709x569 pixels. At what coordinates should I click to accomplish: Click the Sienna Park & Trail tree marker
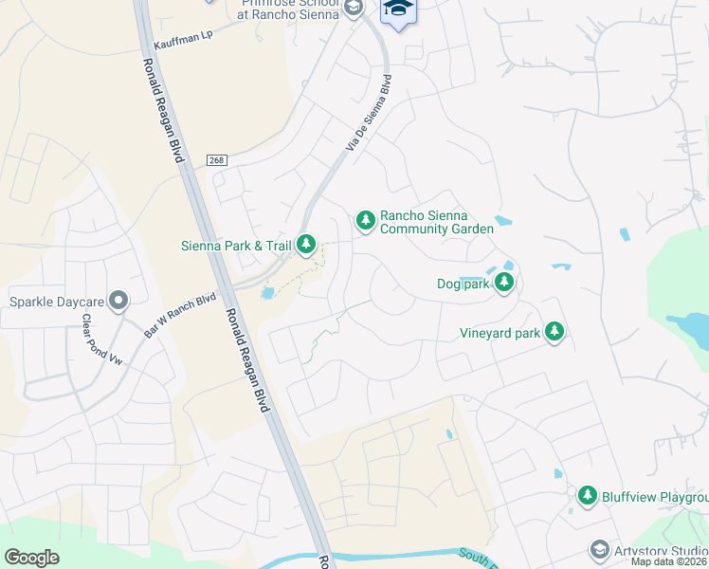point(305,245)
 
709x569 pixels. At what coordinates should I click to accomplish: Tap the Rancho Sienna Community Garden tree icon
point(365,221)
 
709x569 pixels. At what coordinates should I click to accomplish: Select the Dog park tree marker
point(505,282)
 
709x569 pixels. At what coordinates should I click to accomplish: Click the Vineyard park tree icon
point(554,332)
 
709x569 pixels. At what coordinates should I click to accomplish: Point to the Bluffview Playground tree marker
point(588,496)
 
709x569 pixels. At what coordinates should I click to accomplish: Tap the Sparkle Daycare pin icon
point(118,302)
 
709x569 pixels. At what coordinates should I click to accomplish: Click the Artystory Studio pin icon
point(599,550)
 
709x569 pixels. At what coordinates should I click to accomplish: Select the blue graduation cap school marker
point(397,11)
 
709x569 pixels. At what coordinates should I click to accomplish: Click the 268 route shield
point(217,160)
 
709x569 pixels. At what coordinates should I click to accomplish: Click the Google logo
point(32,557)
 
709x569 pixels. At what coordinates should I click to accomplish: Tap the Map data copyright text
point(668,561)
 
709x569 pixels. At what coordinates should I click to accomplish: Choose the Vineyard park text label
point(500,333)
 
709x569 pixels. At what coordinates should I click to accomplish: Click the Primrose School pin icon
point(354,9)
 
